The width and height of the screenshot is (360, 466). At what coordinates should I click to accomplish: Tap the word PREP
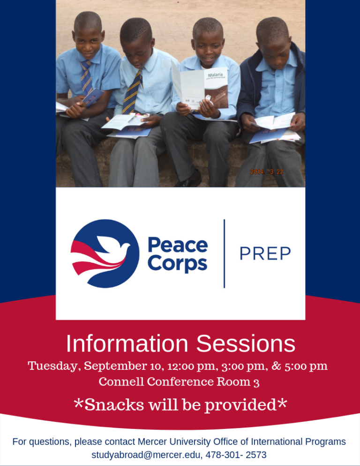point(265,254)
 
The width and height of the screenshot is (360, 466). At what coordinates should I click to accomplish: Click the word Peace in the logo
point(178,245)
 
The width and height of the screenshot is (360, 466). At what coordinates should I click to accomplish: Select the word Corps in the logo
point(177,263)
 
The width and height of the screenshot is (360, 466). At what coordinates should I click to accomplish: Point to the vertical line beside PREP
point(224,254)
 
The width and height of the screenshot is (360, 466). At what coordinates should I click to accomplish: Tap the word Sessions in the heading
point(246,344)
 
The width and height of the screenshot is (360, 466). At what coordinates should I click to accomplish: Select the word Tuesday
point(52,366)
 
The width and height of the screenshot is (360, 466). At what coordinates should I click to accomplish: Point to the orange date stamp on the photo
point(267,172)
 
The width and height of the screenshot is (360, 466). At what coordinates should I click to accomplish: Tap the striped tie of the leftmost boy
point(86,77)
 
